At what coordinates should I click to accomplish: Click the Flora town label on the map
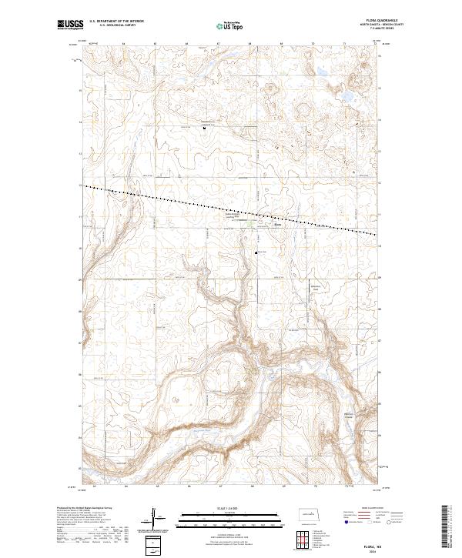[x=278, y=226]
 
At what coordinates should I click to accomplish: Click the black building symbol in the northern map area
[x=204, y=129]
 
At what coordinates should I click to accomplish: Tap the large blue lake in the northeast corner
[x=349, y=98]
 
